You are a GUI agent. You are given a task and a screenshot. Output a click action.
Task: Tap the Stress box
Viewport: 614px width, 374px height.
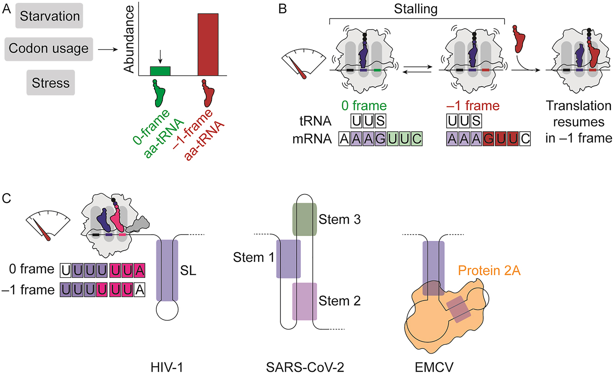point(51,83)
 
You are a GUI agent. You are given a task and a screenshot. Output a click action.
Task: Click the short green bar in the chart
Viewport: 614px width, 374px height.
point(160,71)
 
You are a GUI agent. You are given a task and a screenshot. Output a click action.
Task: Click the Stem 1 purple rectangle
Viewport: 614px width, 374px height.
point(289,259)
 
